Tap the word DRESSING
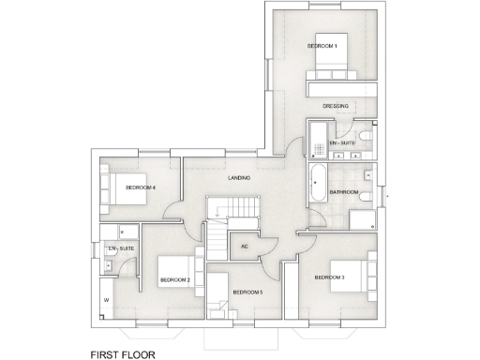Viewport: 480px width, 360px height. coord(336,106)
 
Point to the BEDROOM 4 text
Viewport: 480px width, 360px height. coord(141,187)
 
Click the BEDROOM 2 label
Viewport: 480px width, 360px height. coord(174,280)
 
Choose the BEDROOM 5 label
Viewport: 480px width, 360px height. coord(247,292)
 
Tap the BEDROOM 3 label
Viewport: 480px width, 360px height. coord(329,277)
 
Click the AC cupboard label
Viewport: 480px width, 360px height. coord(244,247)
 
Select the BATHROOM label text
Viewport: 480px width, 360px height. coord(343,192)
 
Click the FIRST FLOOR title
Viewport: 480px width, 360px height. coord(129,355)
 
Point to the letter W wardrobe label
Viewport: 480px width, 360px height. coord(106,300)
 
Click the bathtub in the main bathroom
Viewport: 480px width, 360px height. coord(316,181)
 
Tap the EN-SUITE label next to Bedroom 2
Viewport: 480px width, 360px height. coord(122,248)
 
